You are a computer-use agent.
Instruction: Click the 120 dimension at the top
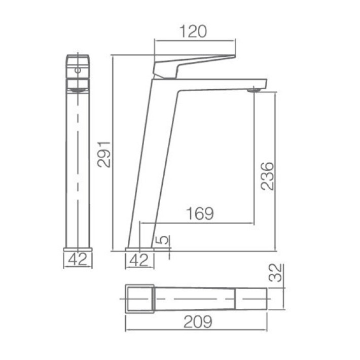[193, 31]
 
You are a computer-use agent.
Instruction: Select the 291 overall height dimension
[104, 155]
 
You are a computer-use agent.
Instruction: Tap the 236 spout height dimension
[268, 176]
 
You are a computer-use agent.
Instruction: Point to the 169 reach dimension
[200, 213]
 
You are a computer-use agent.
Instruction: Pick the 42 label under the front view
[78, 260]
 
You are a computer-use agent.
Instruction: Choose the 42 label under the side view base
[139, 260]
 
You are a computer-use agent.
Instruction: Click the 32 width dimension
[275, 273]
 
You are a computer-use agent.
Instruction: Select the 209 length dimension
[198, 322]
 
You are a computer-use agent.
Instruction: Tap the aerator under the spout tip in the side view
[254, 90]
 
